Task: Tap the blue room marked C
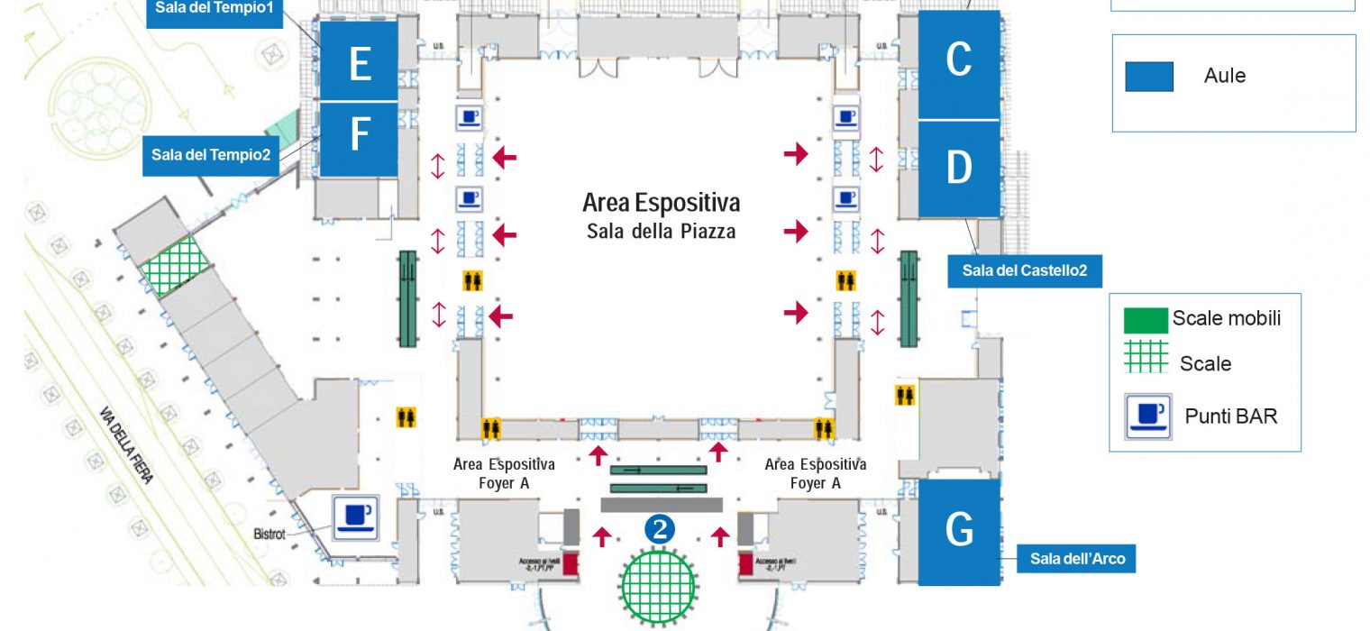pos(959,63)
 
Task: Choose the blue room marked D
pos(959,169)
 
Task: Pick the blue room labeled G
pos(959,532)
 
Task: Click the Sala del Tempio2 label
pos(211,155)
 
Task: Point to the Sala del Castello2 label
pos(1025,270)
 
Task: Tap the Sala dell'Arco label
pos(1077,559)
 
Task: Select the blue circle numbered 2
pos(660,530)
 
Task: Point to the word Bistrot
pos(269,535)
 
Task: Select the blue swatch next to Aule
pos(1149,77)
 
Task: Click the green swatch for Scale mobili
pos(1146,319)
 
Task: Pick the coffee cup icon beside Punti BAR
pos(1149,416)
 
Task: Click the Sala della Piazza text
pos(661,232)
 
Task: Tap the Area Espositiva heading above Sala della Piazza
pos(661,201)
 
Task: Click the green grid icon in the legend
pos(1146,357)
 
